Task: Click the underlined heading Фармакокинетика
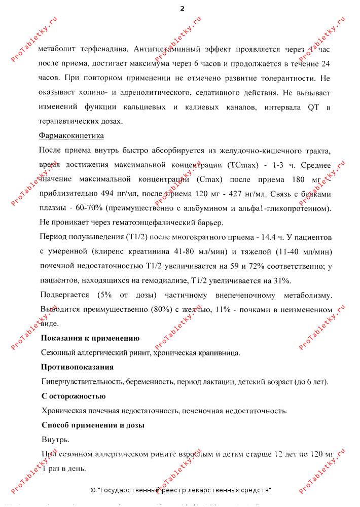pos(71,136)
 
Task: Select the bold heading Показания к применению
pos(90,338)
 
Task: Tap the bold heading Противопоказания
pos(77,367)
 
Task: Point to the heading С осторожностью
pos(74,396)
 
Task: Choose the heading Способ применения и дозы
pos(93,425)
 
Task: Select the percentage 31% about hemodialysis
pos(281,280)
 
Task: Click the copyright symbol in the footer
pos(93,490)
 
